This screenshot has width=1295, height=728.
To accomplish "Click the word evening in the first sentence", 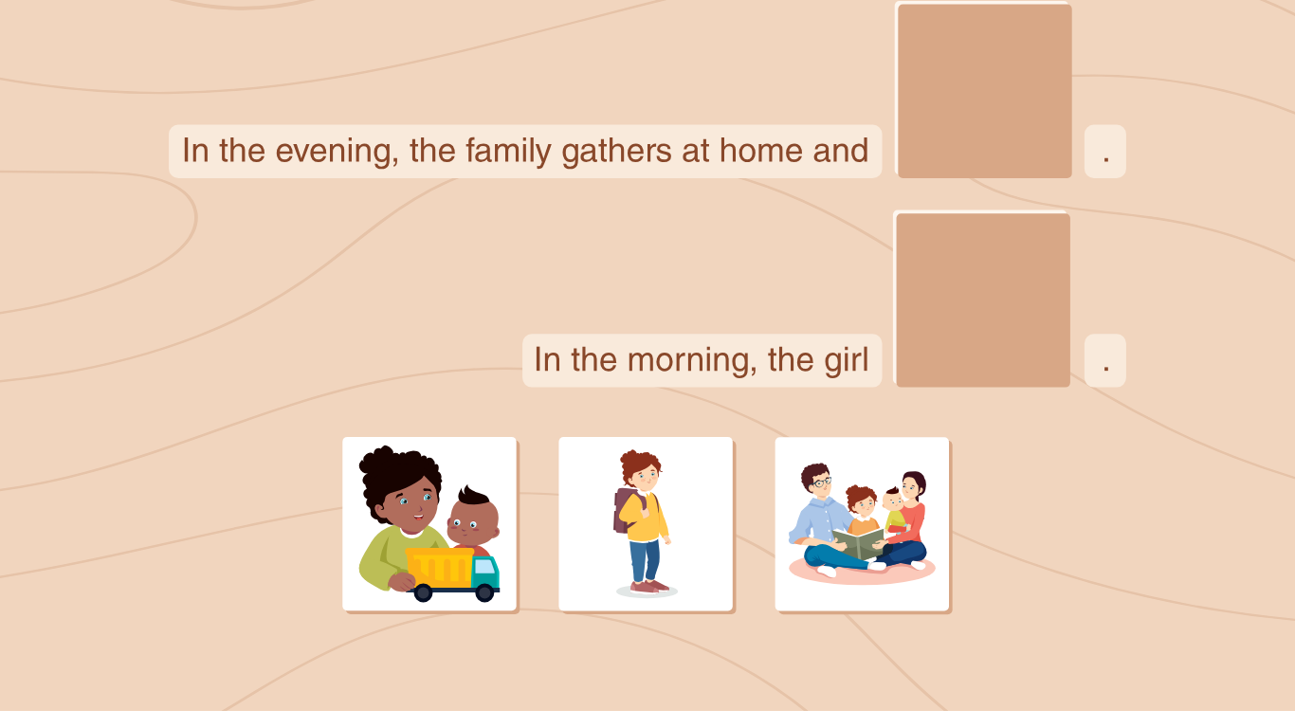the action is [x=337, y=152].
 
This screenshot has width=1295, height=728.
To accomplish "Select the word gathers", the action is [x=616, y=152].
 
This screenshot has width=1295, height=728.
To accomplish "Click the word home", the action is [x=761, y=151].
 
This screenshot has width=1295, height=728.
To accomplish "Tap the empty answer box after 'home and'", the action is [x=984, y=90].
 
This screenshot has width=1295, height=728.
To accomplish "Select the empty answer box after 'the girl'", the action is [x=982, y=300].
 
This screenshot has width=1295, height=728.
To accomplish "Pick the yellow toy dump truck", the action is [x=451, y=574].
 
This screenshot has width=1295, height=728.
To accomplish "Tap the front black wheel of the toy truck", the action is [x=483, y=592].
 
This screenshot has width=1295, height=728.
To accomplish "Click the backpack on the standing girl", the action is [x=627, y=510].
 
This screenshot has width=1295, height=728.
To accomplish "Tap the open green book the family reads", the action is [x=858, y=543].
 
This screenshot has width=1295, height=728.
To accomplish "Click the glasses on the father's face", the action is [x=822, y=482].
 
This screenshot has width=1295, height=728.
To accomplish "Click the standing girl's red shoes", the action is [x=648, y=587].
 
